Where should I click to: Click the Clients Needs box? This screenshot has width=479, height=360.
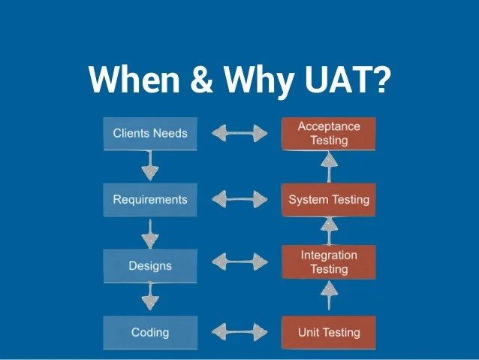click(150, 134)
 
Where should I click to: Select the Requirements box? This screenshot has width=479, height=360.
click(150, 200)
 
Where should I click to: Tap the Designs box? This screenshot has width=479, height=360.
click(150, 266)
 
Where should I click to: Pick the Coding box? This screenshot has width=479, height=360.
click(150, 332)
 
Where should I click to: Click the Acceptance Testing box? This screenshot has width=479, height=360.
click(329, 134)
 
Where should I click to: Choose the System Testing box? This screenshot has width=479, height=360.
click(329, 200)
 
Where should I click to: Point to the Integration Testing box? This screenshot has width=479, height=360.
click(329, 262)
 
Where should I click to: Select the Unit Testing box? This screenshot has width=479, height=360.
click(329, 332)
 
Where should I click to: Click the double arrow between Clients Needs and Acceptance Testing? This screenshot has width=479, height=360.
click(239, 133)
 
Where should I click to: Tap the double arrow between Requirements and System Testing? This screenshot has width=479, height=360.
click(239, 199)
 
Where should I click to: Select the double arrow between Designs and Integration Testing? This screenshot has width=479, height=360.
click(239, 262)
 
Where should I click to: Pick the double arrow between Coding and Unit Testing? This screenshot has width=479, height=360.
click(239, 332)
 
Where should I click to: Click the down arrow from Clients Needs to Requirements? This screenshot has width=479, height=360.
click(150, 165)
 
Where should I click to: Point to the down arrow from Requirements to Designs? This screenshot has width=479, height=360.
click(150, 234)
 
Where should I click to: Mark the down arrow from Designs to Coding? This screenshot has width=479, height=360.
click(150, 296)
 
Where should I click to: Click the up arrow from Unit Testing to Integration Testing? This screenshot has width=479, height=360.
click(329, 296)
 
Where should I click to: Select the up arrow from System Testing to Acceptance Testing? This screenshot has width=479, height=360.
click(329, 168)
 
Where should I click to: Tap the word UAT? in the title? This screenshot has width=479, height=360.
click(348, 79)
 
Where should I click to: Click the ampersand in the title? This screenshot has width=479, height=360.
click(201, 79)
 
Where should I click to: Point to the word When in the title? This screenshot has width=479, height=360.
click(134, 79)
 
